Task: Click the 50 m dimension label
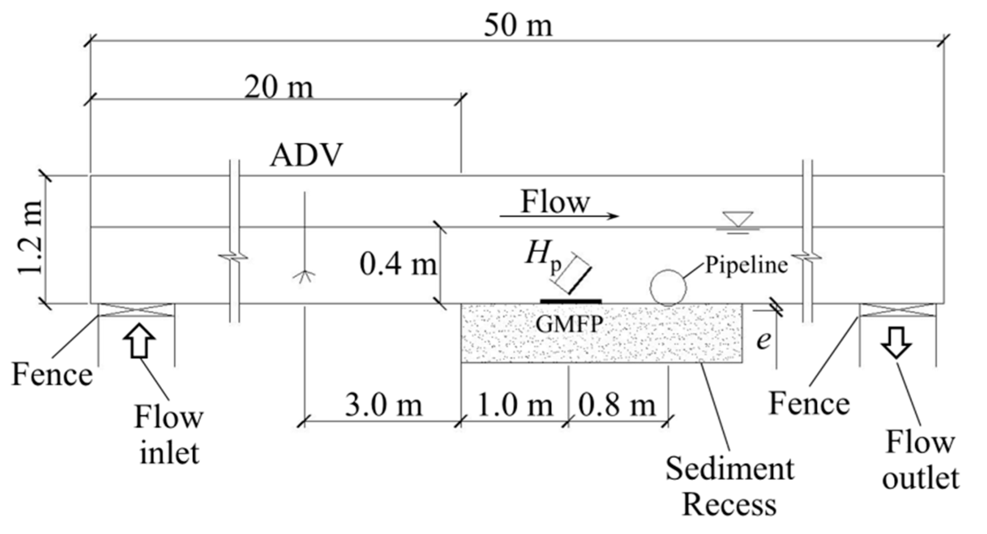click(518, 25)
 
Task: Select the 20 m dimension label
click(279, 87)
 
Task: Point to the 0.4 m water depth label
click(398, 265)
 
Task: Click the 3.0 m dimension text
click(383, 405)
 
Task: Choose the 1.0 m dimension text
click(514, 405)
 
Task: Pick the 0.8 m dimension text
click(617, 405)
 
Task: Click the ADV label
click(306, 155)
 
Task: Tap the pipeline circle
click(668, 288)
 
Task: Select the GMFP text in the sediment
click(569, 324)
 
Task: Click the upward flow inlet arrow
click(140, 341)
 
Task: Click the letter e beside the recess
click(763, 340)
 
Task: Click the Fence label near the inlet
click(52, 375)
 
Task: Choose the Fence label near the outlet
click(809, 403)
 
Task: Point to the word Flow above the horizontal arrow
click(555, 202)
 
